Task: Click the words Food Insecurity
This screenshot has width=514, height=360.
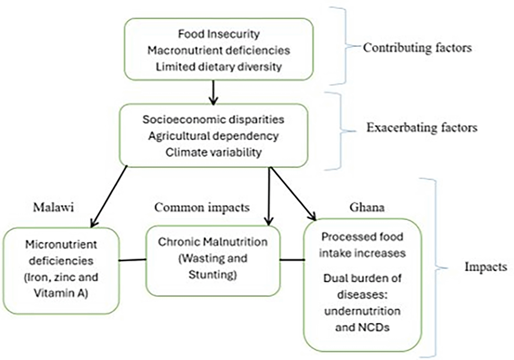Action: tap(219, 34)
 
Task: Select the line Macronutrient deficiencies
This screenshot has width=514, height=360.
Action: tap(219, 50)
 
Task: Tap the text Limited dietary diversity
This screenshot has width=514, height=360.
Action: tap(219, 67)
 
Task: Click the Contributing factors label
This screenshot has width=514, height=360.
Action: tap(417, 47)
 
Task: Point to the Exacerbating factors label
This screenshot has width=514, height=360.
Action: tap(421, 127)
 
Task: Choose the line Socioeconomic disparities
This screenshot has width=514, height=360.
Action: tap(213, 119)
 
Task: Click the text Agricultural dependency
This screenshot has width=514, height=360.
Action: tap(213, 136)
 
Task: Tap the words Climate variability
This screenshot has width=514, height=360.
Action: tap(213, 152)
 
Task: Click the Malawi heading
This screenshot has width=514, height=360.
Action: tap(54, 207)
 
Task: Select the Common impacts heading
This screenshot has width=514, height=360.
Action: tap(202, 207)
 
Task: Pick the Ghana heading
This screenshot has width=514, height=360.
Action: tap(367, 207)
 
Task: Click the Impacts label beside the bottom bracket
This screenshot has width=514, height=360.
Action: tap(485, 267)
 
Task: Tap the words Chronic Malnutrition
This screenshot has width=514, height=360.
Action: tap(213, 242)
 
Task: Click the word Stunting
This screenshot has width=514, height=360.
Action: tap(213, 275)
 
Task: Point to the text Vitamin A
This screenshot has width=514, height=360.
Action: tap(61, 293)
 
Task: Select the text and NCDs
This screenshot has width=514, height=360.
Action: tap(362, 327)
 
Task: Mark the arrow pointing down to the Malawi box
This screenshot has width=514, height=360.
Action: tap(109, 197)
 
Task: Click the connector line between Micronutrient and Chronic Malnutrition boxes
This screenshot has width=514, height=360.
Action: tap(133, 260)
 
